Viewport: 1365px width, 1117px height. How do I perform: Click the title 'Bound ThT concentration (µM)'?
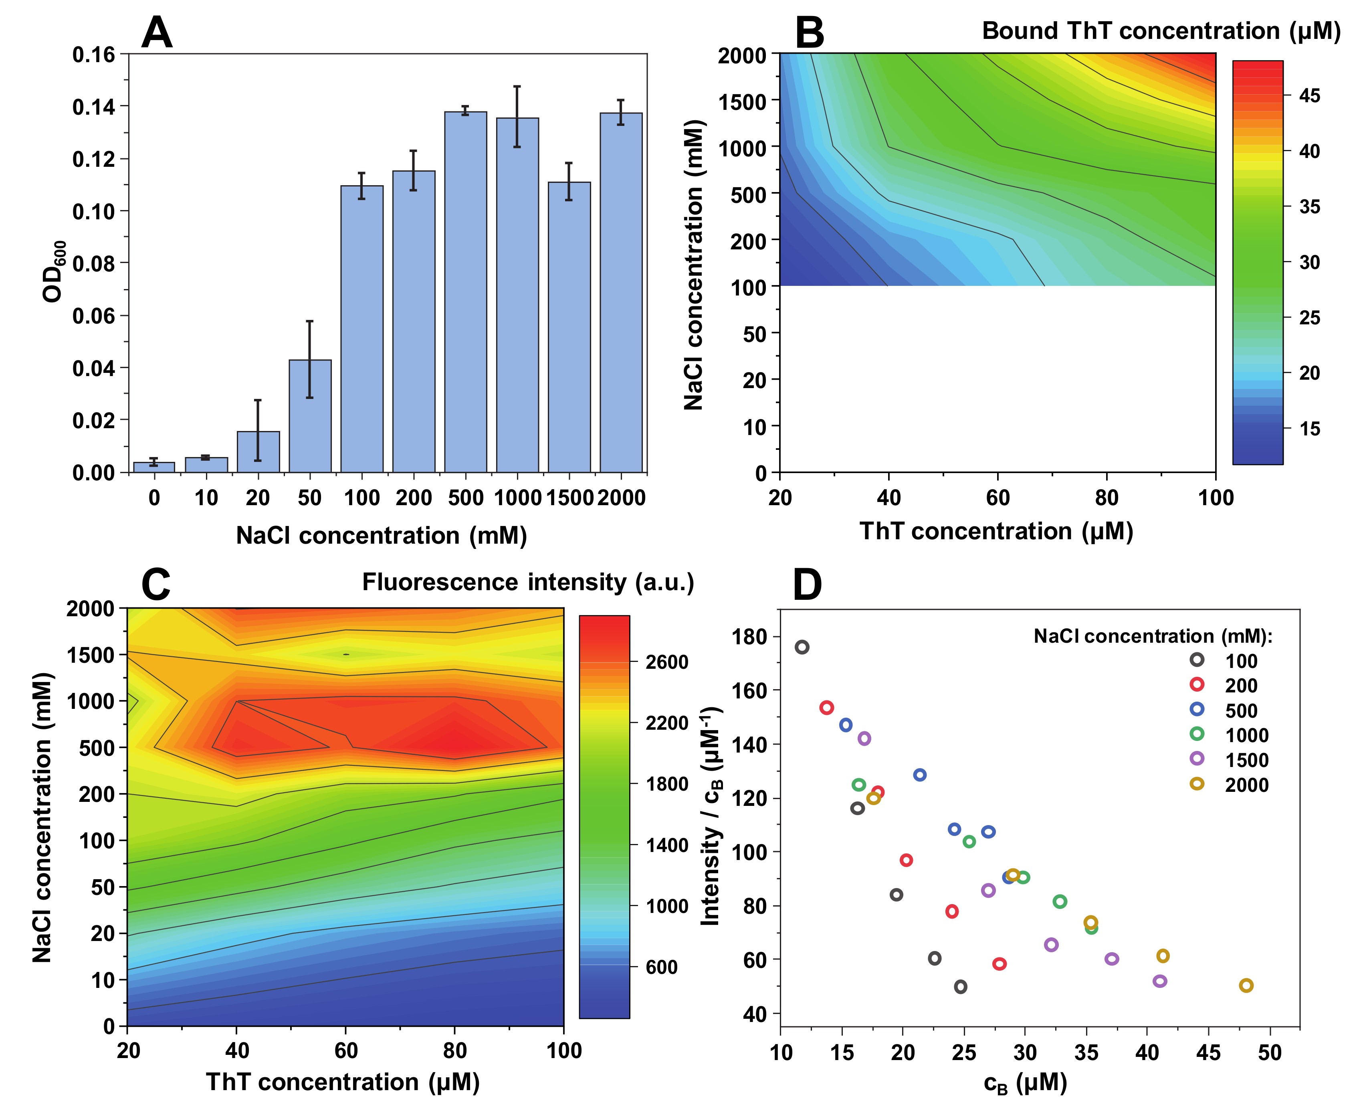(x=1161, y=31)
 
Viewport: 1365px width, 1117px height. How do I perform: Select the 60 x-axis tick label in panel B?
(x=997, y=498)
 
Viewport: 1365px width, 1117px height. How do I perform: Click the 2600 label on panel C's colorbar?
(x=667, y=662)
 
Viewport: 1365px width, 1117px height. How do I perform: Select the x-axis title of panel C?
(x=343, y=1082)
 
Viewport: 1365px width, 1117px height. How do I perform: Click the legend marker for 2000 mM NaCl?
(x=1196, y=784)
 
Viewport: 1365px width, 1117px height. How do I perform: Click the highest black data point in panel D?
(x=802, y=647)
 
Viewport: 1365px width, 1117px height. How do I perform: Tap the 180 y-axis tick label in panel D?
(x=750, y=637)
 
